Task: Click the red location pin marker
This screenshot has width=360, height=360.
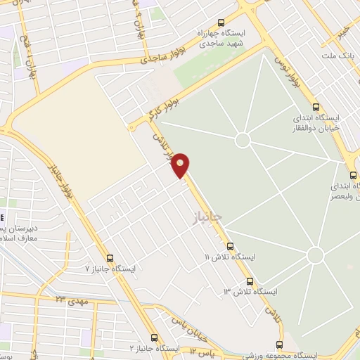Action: [181, 165]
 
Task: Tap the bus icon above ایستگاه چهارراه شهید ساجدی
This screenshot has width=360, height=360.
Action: [222, 22]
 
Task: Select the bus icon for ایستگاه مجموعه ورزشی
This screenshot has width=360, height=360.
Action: [280, 345]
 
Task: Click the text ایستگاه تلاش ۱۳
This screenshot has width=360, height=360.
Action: [251, 291]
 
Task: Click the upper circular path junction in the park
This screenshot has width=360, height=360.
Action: [243, 140]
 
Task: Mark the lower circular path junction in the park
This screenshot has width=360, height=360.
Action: [316, 255]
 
